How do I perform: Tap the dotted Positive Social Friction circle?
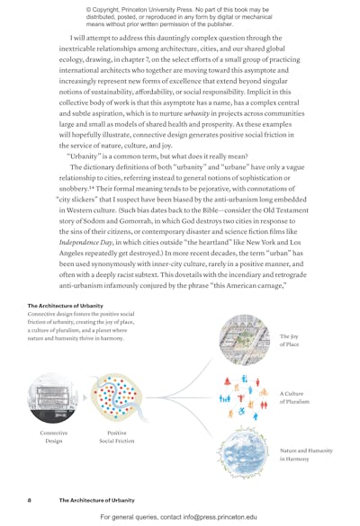pos(113,397)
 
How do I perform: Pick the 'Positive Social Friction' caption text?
pos(113,438)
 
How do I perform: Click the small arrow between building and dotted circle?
pos(85,397)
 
